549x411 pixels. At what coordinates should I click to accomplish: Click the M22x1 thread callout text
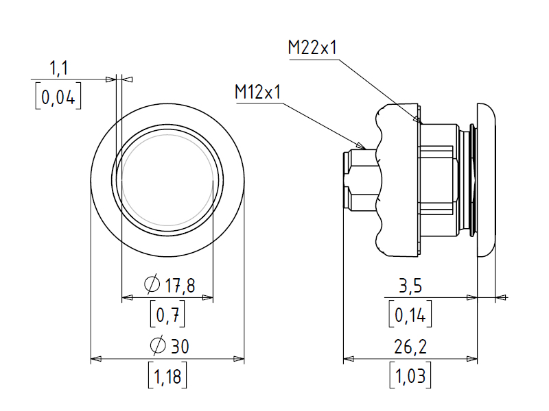coord(312,47)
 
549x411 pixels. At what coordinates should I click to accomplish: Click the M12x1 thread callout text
coord(258,92)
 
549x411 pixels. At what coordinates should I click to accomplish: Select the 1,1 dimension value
coord(59,68)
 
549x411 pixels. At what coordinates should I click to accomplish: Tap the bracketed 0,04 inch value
coord(58,96)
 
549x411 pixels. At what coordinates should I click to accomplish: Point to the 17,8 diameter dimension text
coord(180,285)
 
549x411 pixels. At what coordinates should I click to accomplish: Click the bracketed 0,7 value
coord(167,314)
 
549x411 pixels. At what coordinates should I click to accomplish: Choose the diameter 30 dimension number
coord(180,346)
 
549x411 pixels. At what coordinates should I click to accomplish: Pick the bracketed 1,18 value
coord(167,375)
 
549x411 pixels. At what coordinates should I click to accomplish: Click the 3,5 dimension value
coord(410,286)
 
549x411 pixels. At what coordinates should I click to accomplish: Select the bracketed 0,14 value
coord(410,314)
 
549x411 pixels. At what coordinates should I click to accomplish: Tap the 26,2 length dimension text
coord(410,347)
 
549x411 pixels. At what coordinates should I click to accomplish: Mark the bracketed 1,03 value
coord(410,375)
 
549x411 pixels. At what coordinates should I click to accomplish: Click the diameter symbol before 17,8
coord(152,284)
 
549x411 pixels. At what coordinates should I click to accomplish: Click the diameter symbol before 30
coord(158,345)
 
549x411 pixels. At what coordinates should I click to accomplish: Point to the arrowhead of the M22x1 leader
coord(417,120)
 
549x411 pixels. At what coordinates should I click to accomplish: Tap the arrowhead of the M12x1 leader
coord(361,146)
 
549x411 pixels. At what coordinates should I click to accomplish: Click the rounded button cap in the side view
coord(487,180)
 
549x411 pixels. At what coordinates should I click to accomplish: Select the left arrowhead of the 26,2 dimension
coord(349,359)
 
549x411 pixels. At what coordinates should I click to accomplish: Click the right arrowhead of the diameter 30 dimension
coord(239,359)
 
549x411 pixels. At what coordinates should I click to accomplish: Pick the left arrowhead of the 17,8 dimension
coord(127,298)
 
